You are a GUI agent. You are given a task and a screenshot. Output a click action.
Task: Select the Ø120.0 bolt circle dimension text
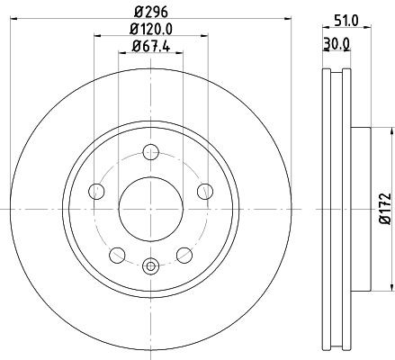[150, 31]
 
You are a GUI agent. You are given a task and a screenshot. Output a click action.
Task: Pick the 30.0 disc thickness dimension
[337, 41]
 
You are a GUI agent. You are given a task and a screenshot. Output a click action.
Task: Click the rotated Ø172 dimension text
[384, 207]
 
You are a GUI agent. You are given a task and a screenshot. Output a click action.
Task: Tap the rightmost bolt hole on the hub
[204, 190]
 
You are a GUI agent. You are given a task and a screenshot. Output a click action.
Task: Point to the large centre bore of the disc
[150, 205]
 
